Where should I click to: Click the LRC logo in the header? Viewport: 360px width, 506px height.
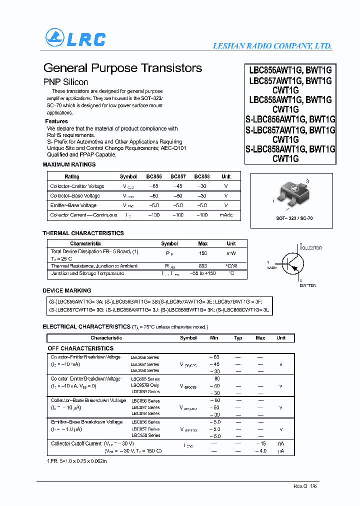point(75,38)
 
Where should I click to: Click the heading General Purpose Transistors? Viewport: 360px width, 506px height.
point(122,68)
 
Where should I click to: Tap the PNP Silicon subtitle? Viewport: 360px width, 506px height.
point(65,82)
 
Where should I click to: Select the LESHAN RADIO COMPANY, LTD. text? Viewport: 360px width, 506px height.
point(272,46)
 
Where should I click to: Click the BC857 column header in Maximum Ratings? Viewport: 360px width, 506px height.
point(178,176)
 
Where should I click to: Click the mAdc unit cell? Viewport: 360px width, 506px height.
point(226,215)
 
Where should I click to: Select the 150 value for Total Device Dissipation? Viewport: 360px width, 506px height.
point(203,253)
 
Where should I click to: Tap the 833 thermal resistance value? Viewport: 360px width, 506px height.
point(203,266)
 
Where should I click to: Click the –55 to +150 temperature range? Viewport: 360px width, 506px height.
point(203,273)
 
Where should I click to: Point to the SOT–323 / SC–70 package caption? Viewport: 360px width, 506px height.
point(294,218)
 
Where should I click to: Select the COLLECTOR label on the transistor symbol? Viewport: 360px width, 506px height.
point(310,248)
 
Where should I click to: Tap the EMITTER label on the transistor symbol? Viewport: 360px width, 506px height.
point(307,285)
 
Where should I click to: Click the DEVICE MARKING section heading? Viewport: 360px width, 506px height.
point(67,290)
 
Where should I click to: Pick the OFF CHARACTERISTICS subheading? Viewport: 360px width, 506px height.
point(80,348)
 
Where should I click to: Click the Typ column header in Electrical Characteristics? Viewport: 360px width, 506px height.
point(238,338)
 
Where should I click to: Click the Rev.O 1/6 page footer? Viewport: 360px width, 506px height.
point(305,486)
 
